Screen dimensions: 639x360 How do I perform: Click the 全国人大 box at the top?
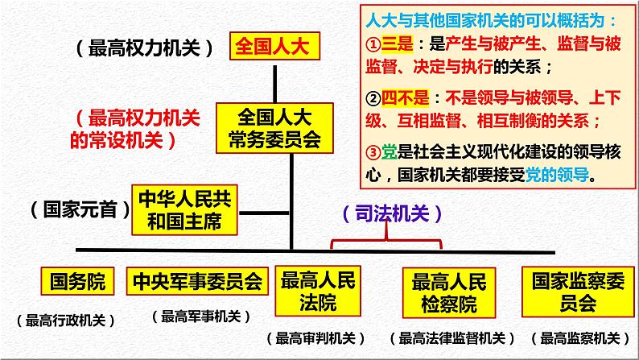pyautogui.click(x=274, y=47)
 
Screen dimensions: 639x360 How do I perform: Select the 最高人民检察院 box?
pyautogui.click(x=449, y=292)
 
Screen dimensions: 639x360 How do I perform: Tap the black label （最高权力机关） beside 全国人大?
pyautogui.click(x=145, y=48)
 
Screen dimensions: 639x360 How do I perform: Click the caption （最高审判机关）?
pyautogui.click(x=315, y=337)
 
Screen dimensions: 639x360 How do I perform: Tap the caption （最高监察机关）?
pyautogui.click(x=580, y=337)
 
